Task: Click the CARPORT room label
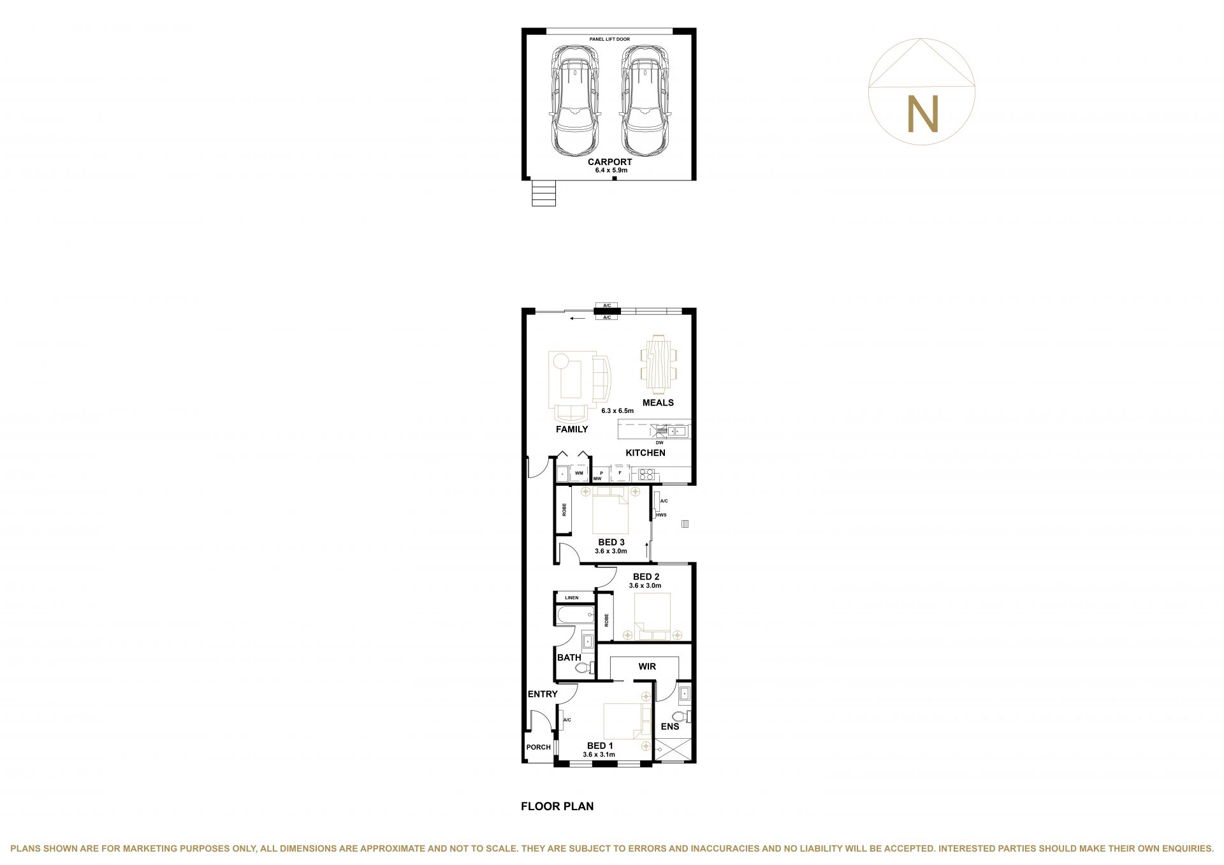(x=609, y=162)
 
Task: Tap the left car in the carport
(x=575, y=101)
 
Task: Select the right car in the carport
(x=646, y=101)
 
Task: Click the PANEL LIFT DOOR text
(x=609, y=40)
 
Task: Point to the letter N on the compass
(x=922, y=114)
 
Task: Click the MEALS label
(x=658, y=403)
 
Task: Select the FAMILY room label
(x=572, y=430)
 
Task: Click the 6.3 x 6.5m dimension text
(x=617, y=411)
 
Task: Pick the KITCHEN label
(x=645, y=453)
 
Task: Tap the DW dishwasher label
(x=659, y=442)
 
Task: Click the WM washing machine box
(x=579, y=474)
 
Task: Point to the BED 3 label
(x=611, y=542)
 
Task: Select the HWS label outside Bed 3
(x=661, y=515)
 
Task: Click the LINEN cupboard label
(x=571, y=598)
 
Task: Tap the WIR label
(x=647, y=667)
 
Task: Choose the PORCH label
(x=538, y=747)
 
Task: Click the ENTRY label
(x=543, y=694)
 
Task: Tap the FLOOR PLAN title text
(x=557, y=806)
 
